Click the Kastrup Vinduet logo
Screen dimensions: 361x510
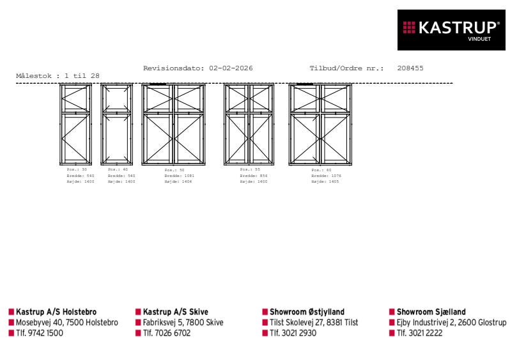451,29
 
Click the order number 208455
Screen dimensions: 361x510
410,68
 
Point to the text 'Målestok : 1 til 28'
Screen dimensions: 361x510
58,76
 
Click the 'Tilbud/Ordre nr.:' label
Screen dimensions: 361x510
346,68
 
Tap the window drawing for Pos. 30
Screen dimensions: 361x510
76,125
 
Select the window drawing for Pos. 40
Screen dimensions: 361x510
117,125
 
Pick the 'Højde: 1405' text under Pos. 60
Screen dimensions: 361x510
325,181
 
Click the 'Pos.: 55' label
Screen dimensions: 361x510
249,170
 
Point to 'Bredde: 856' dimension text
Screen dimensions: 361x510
254,176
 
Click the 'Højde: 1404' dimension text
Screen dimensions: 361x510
178,181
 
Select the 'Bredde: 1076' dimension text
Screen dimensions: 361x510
326,176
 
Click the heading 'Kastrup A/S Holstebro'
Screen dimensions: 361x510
56,312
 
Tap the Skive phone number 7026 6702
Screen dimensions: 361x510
166,333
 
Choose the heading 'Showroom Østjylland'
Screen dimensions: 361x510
307,312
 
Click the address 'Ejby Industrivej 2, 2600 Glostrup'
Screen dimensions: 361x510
451,323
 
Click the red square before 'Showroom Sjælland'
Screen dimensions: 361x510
392,312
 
